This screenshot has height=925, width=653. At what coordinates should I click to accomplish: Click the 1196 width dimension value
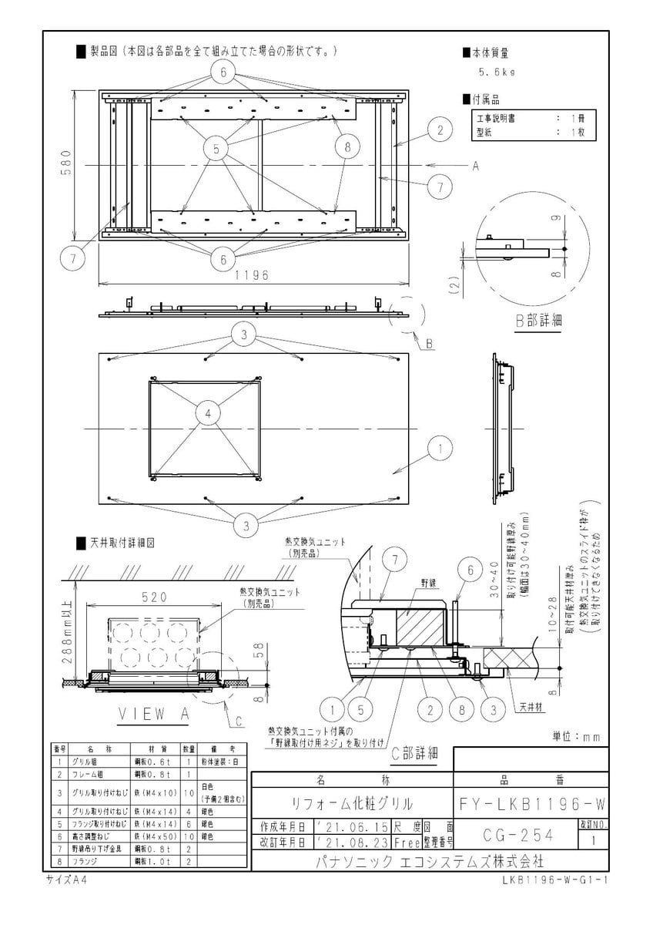pyautogui.click(x=251, y=275)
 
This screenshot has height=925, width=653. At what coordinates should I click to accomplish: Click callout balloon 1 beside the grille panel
pyautogui.click(x=440, y=446)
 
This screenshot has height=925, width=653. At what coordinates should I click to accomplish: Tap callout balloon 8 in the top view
pyautogui.click(x=347, y=146)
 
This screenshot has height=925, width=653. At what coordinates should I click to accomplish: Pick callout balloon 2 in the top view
pyautogui.click(x=440, y=130)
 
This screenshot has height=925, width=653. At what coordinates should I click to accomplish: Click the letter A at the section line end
pyautogui.click(x=475, y=166)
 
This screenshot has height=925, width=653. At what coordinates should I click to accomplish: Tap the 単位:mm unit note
pyautogui.click(x=576, y=737)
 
